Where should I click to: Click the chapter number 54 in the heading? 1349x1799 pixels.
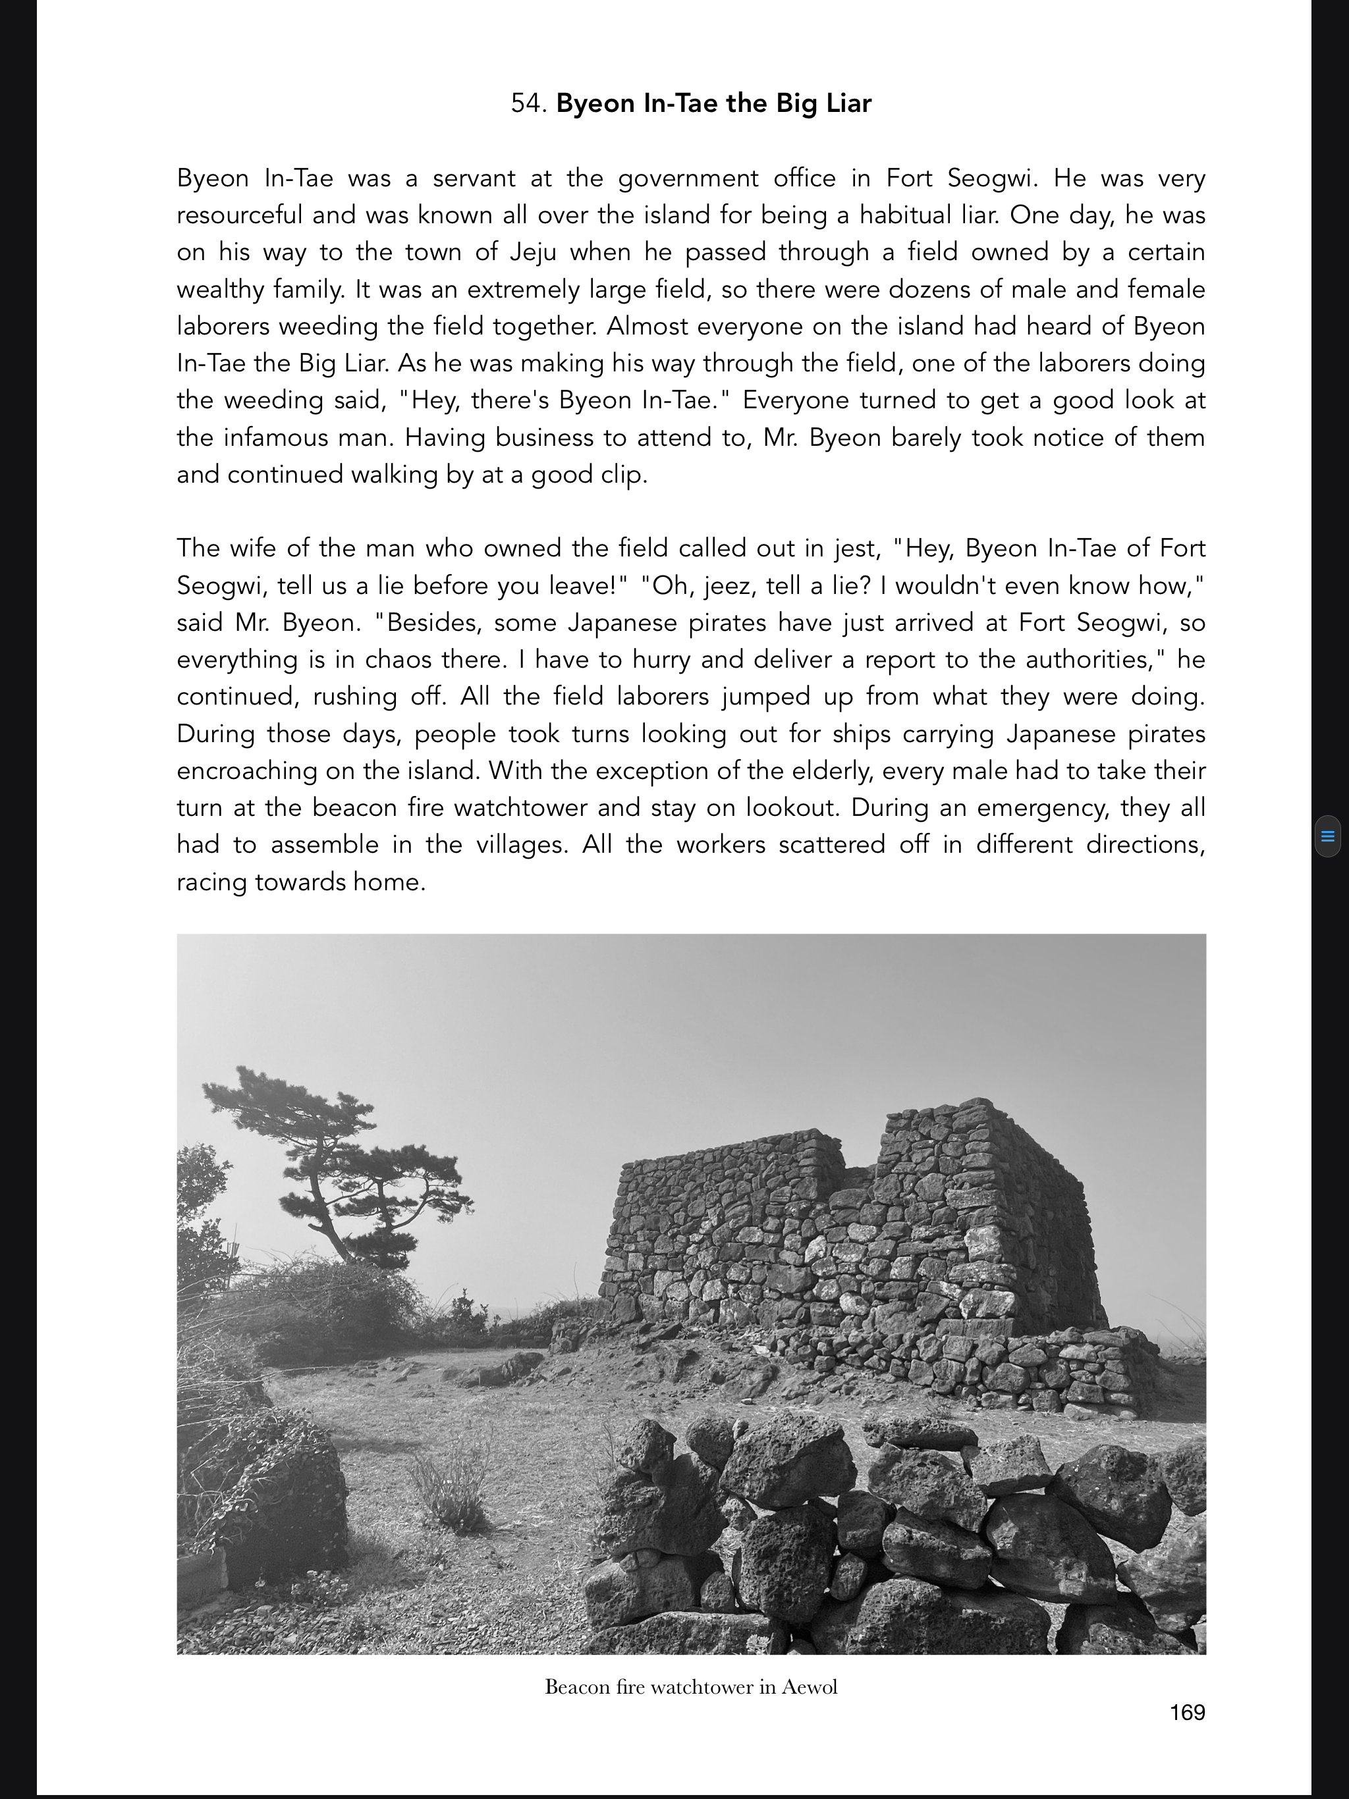527,103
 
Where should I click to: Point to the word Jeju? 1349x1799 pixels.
533,252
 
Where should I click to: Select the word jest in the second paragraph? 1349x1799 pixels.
857,548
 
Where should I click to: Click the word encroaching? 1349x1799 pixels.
246,770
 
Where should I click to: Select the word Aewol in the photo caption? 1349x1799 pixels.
810,1687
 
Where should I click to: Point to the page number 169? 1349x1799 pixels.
1187,1713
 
